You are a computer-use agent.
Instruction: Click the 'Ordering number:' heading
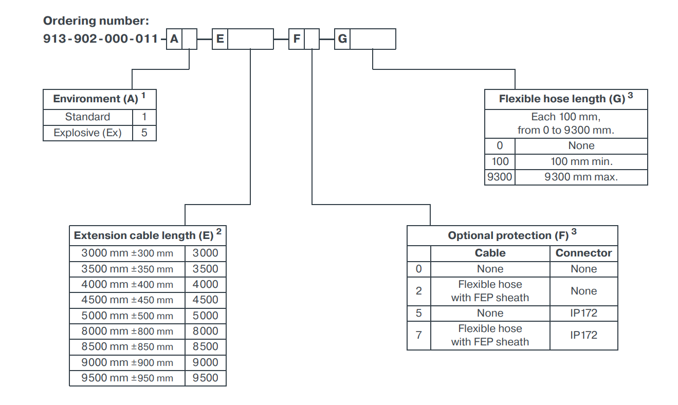(96, 21)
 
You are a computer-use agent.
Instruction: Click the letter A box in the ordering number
(174, 39)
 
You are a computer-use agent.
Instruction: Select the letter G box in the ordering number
(342, 39)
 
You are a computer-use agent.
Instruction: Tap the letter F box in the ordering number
(297, 39)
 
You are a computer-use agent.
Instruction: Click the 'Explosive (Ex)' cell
(87, 133)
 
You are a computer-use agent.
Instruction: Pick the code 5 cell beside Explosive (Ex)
(144, 133)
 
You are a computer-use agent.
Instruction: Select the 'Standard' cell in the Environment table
(87, 117)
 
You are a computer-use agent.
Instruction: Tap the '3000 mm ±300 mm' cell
(127, 253)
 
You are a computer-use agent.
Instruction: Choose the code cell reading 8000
(205, 331)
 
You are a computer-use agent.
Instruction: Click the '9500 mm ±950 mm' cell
(127, 378)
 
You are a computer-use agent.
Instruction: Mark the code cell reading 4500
(205, 300)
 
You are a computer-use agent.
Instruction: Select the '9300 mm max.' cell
(581, 177)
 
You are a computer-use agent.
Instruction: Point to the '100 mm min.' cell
(581, 161)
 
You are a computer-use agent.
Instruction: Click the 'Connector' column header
(583, 253)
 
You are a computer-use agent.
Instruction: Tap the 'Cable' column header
(490, 253)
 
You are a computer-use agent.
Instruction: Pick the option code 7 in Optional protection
(418, 335)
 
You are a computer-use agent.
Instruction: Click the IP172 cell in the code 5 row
(583, 313)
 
